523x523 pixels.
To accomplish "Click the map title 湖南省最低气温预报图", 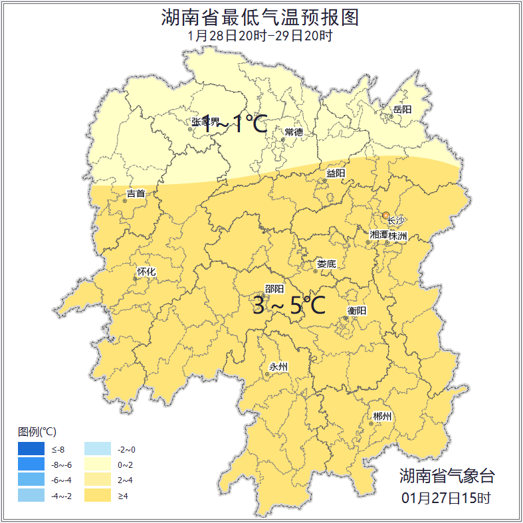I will pyautogui.click(x=260, y=17).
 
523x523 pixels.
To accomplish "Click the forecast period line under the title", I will pyautogui.click(x=260, y=36).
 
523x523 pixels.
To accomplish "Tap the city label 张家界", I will pyautogui.click(x=205, y=122).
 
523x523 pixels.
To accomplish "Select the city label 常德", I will pyautogui.click(x=294, y=132).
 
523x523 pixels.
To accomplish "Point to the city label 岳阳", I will pyautogui.click(x=402, y=109).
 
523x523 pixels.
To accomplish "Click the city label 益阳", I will pyautogui.click(x=336, y=173).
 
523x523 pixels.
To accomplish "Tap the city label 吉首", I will pyautogui.click(x=136, y=194).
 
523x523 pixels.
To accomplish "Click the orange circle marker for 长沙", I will pyautogui.click(x=386, y=215).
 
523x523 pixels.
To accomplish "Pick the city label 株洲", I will pyautogui.click(x=398, y=236).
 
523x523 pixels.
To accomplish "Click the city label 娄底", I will pyautogui.click(x=326, y=264).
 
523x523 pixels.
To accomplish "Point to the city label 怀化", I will pyautogui.click(x=146, y=272).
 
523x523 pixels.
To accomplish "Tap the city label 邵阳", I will pyautogui.click(x=274, y=289).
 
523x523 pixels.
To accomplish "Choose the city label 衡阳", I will pyautogui.click(x=357, y=310).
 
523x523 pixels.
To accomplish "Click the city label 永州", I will pyautogui.click(x=278, y=367).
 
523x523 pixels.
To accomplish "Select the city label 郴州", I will pyautogui.click(x=382, y=417).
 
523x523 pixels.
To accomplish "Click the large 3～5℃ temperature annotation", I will pyautogui.click(x=288, y=306).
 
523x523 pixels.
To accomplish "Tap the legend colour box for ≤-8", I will pyautogui.click(x=31, y=450).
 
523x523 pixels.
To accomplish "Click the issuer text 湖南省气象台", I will pyautogui.click(x=447, y=476).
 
